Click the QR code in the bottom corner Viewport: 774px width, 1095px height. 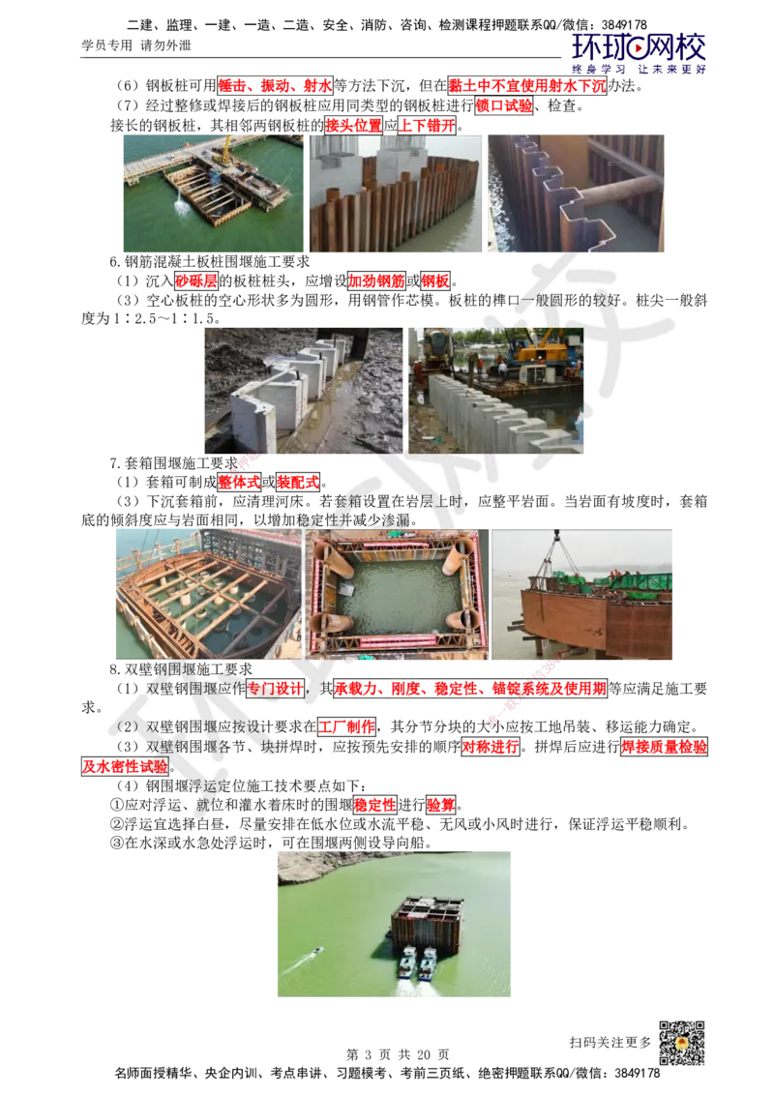point(680,1044)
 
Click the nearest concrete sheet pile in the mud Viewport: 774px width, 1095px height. point(253,426)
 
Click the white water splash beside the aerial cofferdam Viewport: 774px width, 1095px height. point(180,205)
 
